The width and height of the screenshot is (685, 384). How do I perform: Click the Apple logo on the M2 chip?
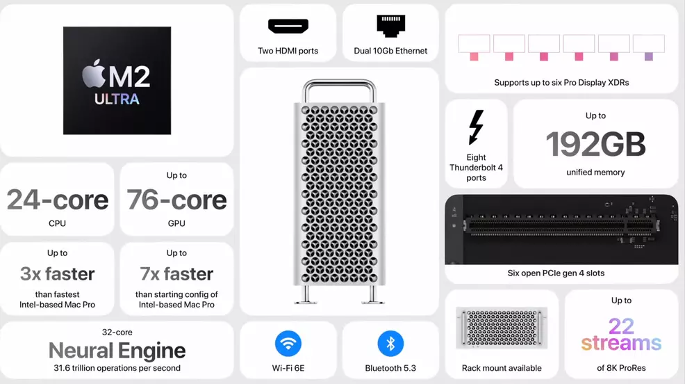94,74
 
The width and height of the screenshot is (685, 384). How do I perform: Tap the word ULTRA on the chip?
117,99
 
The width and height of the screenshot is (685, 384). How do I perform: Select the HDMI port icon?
288,26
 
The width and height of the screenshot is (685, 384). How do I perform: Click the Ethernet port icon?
390,26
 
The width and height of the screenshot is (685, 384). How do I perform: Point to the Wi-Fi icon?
288,344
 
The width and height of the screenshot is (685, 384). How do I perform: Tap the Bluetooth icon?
390,344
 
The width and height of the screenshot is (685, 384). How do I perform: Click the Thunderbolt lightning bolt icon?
476,127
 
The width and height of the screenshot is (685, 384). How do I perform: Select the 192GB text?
595,145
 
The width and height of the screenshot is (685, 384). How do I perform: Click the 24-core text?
58,200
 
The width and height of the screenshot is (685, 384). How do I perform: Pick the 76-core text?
176,200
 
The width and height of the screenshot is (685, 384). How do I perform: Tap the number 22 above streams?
621,326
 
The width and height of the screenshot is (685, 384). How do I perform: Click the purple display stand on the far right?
648,56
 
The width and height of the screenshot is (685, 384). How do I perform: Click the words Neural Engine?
117,351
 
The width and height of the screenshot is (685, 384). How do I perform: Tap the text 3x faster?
58,274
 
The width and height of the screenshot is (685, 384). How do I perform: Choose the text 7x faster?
176,274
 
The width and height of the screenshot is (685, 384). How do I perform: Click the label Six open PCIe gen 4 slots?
556,273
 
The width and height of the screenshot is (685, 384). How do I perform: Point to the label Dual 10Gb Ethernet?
390,51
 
